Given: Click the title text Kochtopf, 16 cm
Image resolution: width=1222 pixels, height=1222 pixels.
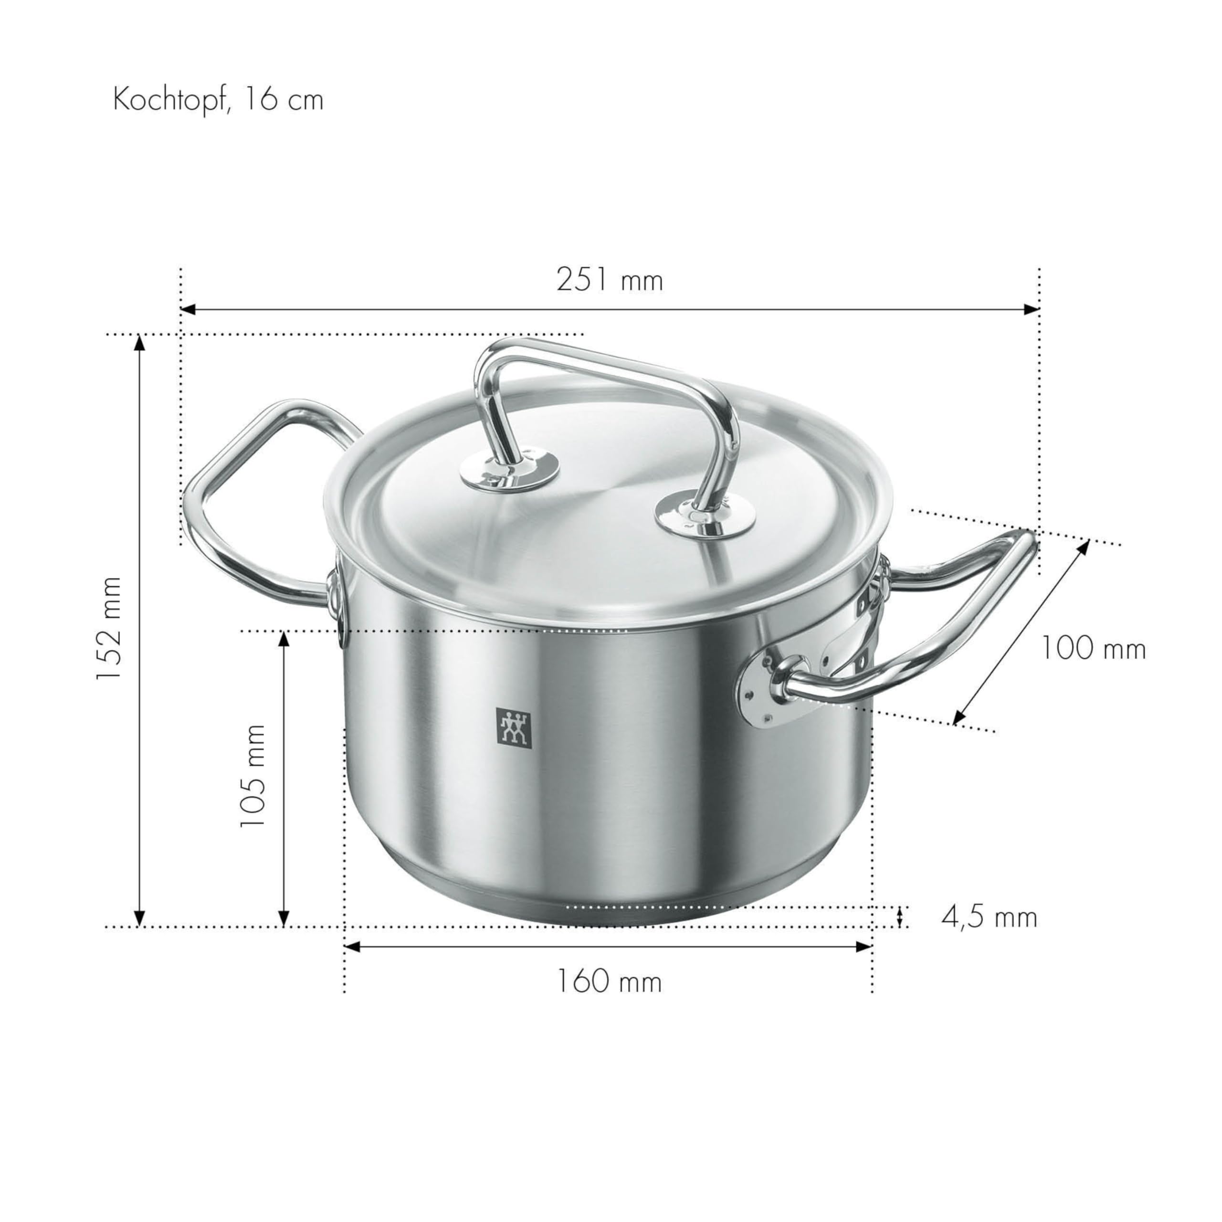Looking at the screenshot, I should click(x=218, y=100).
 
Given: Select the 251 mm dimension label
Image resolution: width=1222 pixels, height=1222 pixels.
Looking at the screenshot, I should click(x=609, y=280).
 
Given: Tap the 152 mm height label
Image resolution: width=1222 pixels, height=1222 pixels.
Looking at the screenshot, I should click(x=108, y=628).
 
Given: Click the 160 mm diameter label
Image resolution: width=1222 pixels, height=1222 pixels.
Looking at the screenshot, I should click(x=609, y=981).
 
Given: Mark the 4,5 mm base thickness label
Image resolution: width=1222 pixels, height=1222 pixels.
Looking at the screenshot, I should click(x=989, y=916).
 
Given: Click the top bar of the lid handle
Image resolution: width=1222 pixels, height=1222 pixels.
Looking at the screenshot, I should click(x=607, y=364).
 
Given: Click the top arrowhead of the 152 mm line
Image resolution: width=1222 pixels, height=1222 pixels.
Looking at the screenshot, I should click(x=140, y=342).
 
